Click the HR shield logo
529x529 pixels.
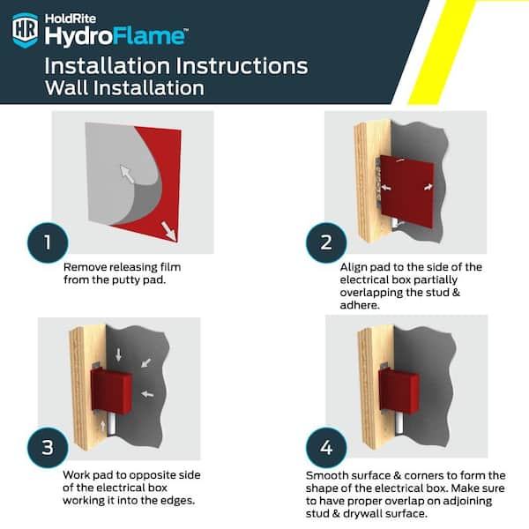click(x=25, y=30)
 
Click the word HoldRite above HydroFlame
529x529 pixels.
click(x=71, y=19)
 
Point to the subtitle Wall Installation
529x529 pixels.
click(x=124, y=88)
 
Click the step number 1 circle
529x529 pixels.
click(x=48, y=242)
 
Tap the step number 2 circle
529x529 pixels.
click(x=326, y=242)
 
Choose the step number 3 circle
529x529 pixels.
click(x=48, y=447)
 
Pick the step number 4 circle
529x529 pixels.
click(x=326, y=447)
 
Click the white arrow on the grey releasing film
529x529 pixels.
click(x=127, y=174)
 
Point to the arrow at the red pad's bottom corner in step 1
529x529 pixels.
click(x=169, y=231)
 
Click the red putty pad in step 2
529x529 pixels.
click(x=406, y=191)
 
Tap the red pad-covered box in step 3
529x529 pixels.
click(x=111, y=391)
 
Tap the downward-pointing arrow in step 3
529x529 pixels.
click(x=118, y=354)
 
